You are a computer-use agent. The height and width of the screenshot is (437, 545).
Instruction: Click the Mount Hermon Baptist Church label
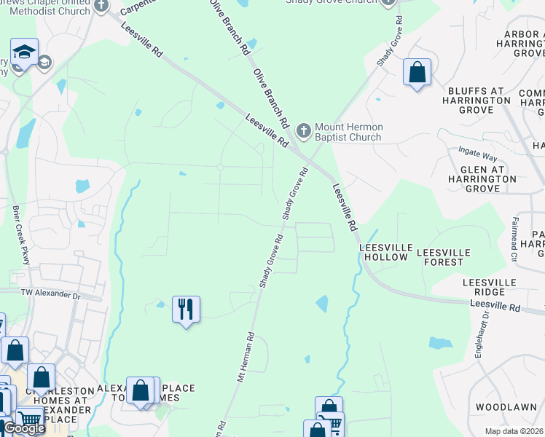[x=348, y=132]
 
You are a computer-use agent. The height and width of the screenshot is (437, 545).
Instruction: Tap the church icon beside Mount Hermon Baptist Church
[x=303, y=131]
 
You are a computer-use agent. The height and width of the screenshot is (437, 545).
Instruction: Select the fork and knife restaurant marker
[x=186, y=309]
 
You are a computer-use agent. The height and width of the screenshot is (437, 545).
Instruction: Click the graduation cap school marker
[x=24, y=53]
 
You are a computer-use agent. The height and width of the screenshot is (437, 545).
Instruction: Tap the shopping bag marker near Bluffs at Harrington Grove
[x=417, y=72]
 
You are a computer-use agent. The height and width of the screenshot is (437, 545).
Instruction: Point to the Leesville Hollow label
[x=384, y=252]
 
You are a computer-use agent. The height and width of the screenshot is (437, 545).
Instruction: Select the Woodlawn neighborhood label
[x=506, y=406]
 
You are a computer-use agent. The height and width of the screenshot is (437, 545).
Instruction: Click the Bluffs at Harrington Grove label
[x=477, y=101]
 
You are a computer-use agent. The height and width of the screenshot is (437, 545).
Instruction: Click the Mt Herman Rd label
[x=245, y=358]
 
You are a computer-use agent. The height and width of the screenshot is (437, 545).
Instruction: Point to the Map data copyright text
[x=514, y=431]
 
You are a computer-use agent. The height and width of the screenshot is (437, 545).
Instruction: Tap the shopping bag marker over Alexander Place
[x=141, y=390]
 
